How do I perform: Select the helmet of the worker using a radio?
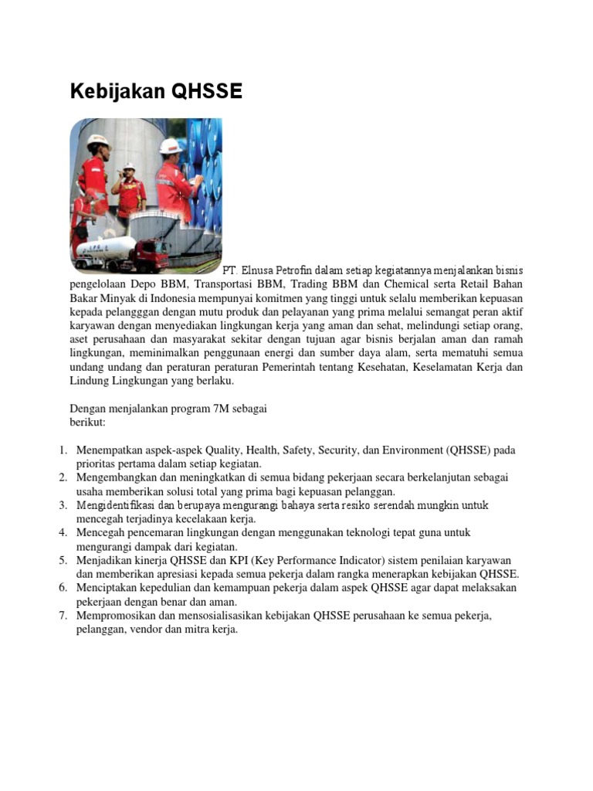pos(129,166)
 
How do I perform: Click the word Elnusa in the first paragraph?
pos(258,271)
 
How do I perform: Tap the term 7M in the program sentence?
pos(210,408)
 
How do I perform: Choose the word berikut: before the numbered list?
pos(87,422)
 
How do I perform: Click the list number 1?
pos(63,450)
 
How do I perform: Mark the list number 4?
pos(63,533)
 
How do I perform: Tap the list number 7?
pos(63,616)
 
